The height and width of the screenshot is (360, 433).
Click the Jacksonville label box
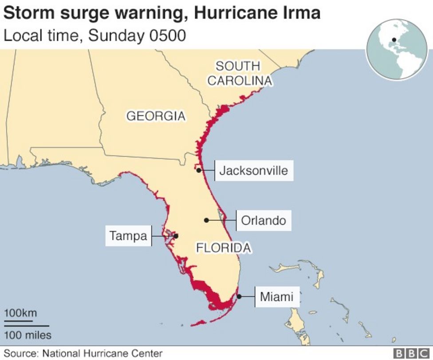point(254,170)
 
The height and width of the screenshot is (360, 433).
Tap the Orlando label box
point(264,220)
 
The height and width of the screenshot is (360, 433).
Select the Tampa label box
point(128,236)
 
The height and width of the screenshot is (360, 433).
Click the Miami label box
point(276,297)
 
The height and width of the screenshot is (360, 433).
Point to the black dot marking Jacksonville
point(199,170)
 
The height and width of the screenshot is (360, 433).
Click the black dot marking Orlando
point(206,220)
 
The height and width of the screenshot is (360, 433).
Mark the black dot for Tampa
point(176,236)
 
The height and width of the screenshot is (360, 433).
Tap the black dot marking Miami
point(239,297)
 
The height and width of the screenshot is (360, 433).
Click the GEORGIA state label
point(156,116)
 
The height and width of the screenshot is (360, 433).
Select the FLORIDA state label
point(224,248)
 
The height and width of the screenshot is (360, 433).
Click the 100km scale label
point(20,313)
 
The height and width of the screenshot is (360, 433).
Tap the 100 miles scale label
point(28,335)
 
